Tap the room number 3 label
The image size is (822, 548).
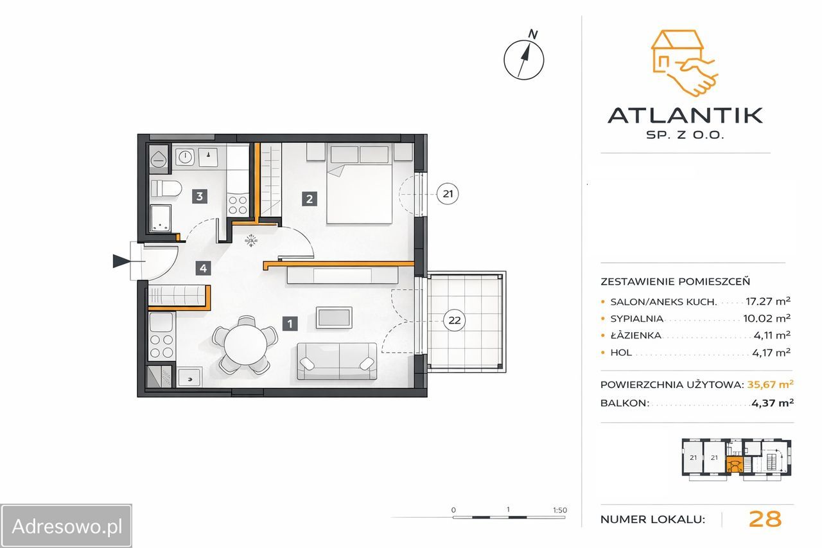pyautogui.click(x=200, y=197)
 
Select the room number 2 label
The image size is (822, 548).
pyautogui.click(x=310, y=199)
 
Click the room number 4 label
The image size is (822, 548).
pyautogui.click(x=204, y=269)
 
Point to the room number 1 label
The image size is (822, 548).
pyautogui.click(x=290, y=324)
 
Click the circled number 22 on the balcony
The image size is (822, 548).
pyautogui.click(x=454, y=321)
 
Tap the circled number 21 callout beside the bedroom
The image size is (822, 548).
pyautogui.click(x=448, y=194)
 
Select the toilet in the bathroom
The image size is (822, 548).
pyautogui.click(x=166, y=189)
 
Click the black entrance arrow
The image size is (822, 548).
pyautogui.click(x=121, y=261)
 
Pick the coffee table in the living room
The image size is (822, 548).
pyautogui.click(x=334, y=317)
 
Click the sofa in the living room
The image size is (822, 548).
pyautogui.click(x=337, y=361)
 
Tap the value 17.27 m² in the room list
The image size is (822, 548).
pyautogui.click(x=767, y=301)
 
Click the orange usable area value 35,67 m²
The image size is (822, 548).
pyautogui.click(x=770, y=384)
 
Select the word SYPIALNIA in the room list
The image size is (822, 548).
pyautogui.click(x=636, y=319)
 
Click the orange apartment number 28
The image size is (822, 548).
pyautogui.click(x=765, y=518)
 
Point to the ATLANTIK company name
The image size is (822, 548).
pyautogui.click(x=685, y=115)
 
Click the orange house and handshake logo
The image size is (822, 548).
pyautogui.click(x=685, y=63)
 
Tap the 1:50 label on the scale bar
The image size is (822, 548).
pyautogui.click(x=560, y=510)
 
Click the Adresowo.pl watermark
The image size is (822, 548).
pyautogui.click(x=66, y=527)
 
